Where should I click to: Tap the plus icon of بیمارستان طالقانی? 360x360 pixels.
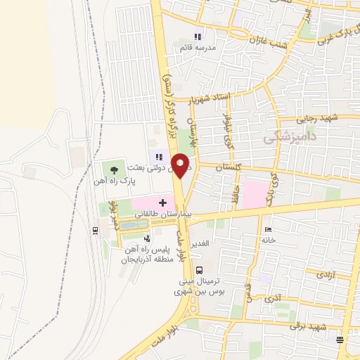(x=162, y=202)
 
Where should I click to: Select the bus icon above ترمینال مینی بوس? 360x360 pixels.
(x=200, y=270)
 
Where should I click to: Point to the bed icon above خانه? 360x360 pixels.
(x=267, y=229)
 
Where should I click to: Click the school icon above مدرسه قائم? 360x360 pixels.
(x=198, y=37)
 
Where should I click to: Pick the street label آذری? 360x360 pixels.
(x=271, y=298)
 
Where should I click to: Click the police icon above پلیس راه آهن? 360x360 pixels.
(x=147, y=239)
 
